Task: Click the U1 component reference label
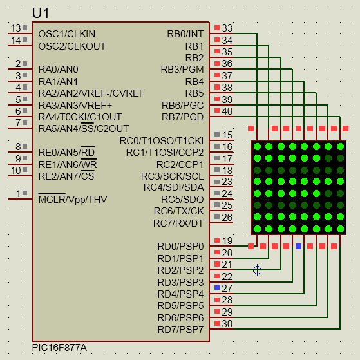pos(41,13)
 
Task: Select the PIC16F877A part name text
pos(59,348)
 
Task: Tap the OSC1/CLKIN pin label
pos(67,34)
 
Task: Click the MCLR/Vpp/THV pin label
pos(73,199)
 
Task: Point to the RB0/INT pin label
pos(185,34)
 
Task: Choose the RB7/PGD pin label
pos(183,117)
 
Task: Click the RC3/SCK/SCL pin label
pos(173,176)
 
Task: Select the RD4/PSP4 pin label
pos(181,294)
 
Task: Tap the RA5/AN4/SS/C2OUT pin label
pos(84,129)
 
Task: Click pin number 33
pos(227,28)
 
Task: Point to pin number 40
pos(227,111)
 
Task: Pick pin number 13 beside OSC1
pos(16,28)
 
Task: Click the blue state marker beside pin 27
pos(217,287)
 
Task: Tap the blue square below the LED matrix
pos(298,247)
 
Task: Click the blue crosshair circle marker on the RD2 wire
pos(258,270)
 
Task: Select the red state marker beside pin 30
pos(217,323)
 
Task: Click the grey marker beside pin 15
pos(217,135)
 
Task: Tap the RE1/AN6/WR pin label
pos(68,164)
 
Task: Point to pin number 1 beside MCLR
pos(19,194)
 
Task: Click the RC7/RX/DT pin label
pos(178,223)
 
